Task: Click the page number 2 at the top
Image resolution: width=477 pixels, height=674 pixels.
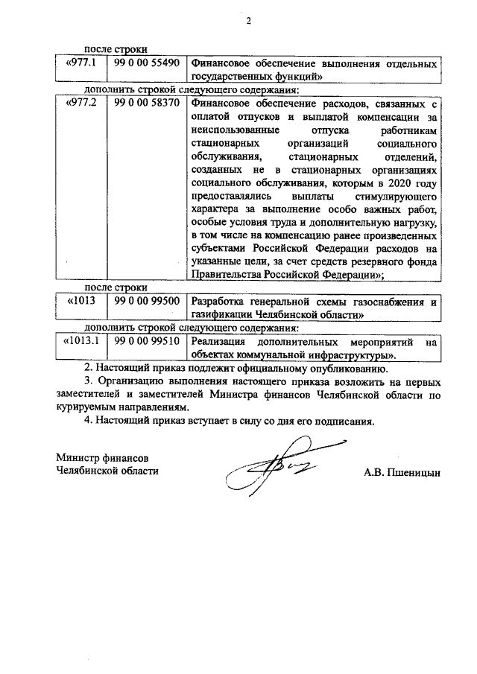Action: pos(250,20)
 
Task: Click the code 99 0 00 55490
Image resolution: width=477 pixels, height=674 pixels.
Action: pos(147,63)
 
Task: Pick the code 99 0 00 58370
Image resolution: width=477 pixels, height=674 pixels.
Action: pos(147,104)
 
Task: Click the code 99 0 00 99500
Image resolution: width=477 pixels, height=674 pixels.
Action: pos(147,301)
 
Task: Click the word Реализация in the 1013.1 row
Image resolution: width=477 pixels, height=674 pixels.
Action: pos(220,342)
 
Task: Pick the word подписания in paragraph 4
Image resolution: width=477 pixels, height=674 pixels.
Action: pos(338,421)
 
